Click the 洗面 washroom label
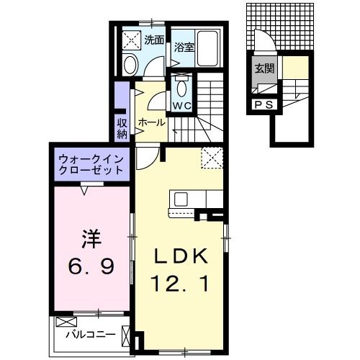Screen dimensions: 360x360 [153, 40]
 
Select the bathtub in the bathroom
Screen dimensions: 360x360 [210, 50]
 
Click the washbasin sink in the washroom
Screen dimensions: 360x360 [130, 65]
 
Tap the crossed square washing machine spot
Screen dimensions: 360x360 [131, 40]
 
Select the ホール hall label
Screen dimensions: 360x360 [152, 122]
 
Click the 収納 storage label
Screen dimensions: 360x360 [122, 127]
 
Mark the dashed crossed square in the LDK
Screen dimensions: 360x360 [212, 156]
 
